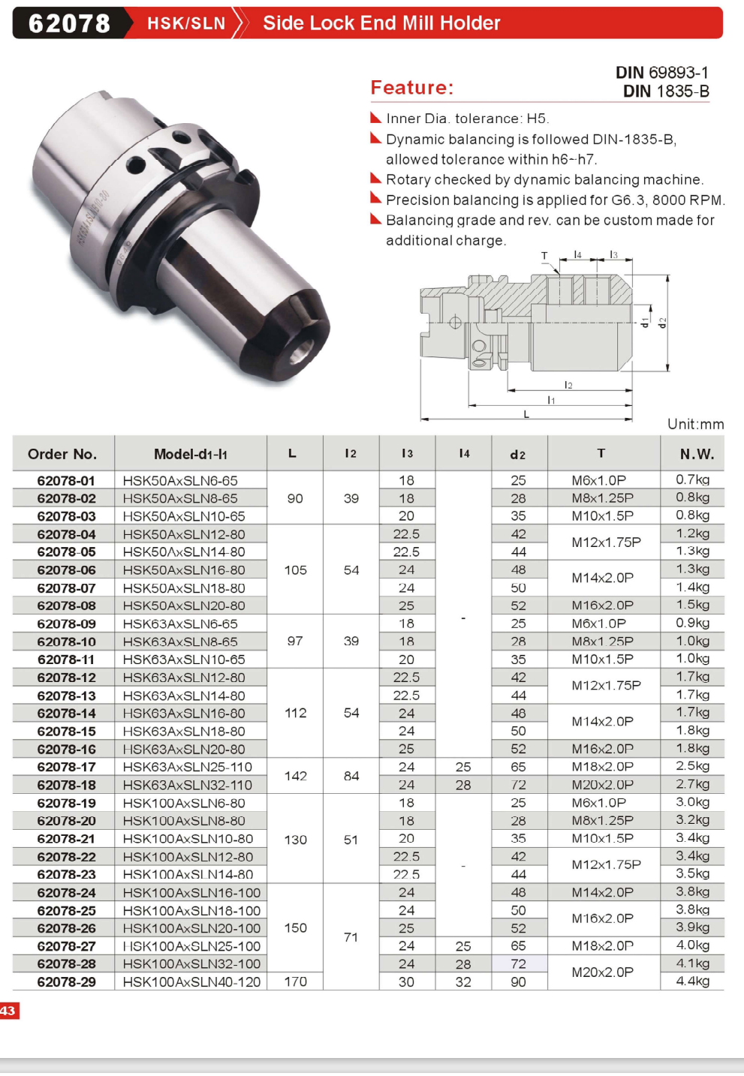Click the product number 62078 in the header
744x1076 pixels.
point(69,23)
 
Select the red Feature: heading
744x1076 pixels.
point(412,88)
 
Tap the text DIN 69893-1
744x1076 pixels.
point(662,73)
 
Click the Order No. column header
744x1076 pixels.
point(62,454)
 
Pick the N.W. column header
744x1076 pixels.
point(697,454)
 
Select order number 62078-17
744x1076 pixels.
point(66,767)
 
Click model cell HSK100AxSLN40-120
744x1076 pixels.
point(191,982)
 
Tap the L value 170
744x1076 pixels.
point(295,981)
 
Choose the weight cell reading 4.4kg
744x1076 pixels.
point(693,981)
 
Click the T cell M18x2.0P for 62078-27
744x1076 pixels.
point(602,946)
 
